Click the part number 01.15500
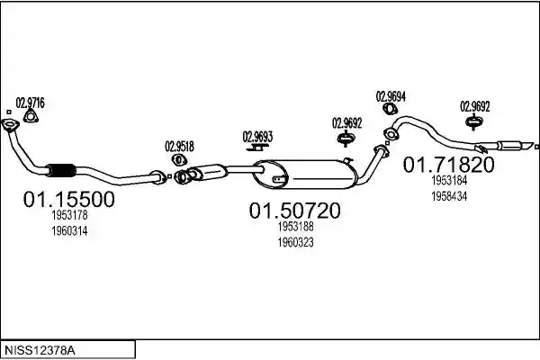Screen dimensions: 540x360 [69, 200]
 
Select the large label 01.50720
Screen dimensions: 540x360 [295, 211]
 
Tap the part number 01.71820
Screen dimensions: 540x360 [449, 165]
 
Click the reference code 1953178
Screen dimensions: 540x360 [69, 215]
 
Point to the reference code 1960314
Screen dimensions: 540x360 [69, 230]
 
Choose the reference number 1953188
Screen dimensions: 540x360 [296, 226]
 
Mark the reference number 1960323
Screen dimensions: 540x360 [296, 242]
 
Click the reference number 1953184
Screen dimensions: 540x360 [449, 180]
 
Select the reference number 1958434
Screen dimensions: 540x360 [449, 196]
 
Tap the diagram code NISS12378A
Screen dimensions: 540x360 [40, 351]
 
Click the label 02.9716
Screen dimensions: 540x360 [31, 103]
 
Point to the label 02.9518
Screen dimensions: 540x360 [179, 147]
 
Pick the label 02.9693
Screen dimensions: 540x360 [257, 137]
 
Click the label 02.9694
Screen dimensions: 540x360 [391, 96]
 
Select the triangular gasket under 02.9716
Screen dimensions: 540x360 [31, 116]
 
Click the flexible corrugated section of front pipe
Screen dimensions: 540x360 [62, 170]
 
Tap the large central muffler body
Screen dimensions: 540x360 [305, 175]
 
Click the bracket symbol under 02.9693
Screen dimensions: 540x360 [257, 148]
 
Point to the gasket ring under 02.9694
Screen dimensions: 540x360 [391, 109]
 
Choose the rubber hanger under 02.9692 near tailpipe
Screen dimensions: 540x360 [474, 122]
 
